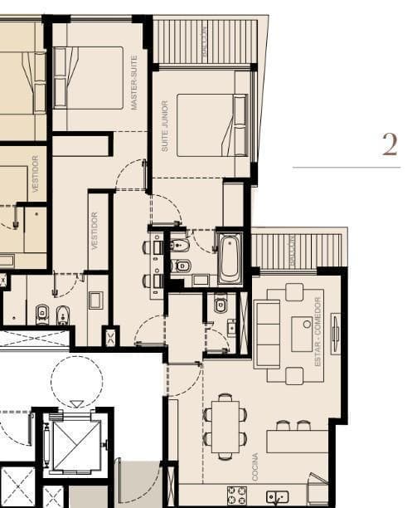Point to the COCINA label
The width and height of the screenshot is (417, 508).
255,466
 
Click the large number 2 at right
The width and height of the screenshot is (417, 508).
390,144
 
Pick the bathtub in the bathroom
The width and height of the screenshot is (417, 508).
230,258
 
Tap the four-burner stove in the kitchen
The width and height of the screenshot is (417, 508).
236,495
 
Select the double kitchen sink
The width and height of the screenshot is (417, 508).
278,497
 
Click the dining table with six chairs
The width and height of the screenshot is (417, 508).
225,427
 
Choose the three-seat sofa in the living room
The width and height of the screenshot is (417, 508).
266,335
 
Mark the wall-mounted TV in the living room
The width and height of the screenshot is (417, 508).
335,334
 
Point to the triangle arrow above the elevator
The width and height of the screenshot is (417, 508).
76,404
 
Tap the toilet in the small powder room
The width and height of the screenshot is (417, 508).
220,305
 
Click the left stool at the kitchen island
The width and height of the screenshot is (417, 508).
283,425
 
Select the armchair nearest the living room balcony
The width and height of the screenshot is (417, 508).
294,291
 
